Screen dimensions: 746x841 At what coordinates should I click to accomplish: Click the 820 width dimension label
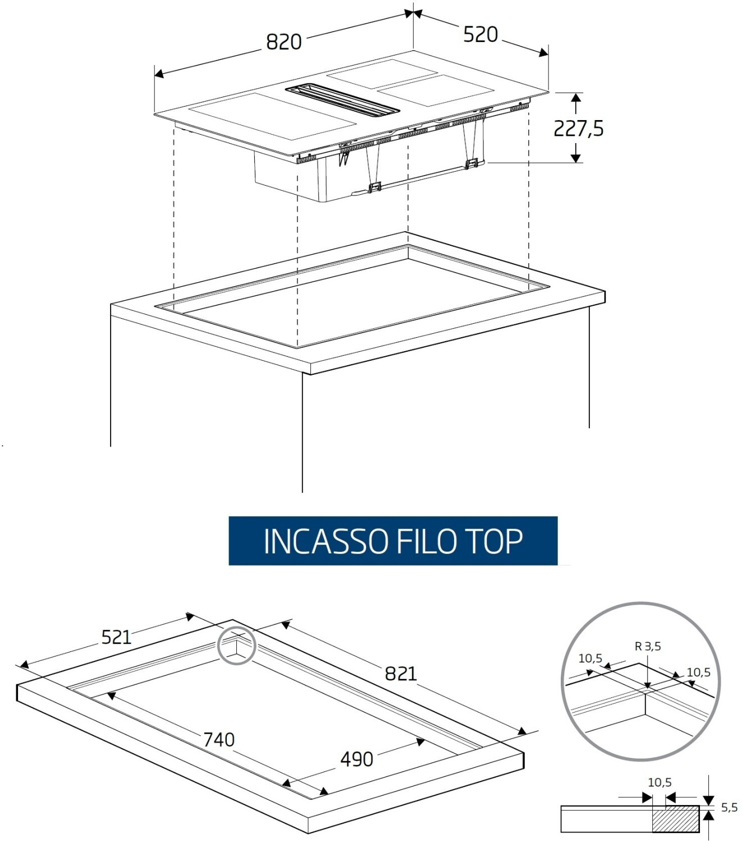click(283, 42)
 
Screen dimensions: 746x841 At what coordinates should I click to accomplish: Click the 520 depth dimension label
click(480, 34)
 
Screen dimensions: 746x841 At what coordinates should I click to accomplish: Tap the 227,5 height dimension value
click(579, 128)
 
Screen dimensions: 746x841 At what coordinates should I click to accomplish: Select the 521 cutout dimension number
click(116, 637)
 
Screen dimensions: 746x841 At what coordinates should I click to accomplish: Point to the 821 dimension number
click(401, 674)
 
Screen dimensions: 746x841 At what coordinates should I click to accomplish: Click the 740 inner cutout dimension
click(219, 739)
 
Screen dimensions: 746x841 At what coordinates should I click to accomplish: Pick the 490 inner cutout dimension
click(357, 760)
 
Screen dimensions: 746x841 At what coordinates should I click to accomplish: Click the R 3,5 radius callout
click(648, 646)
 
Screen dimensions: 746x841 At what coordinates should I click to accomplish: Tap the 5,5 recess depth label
click(729, 807)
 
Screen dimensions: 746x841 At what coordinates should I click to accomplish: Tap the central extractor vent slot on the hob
click(342, 100)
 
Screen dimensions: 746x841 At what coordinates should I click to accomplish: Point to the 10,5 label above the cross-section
click(660, 783)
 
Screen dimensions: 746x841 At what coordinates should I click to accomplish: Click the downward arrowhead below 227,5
click(575, 158)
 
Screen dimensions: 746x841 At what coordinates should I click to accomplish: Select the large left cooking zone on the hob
click(273, 116)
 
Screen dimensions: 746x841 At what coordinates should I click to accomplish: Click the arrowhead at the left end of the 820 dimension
click(159, 74)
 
